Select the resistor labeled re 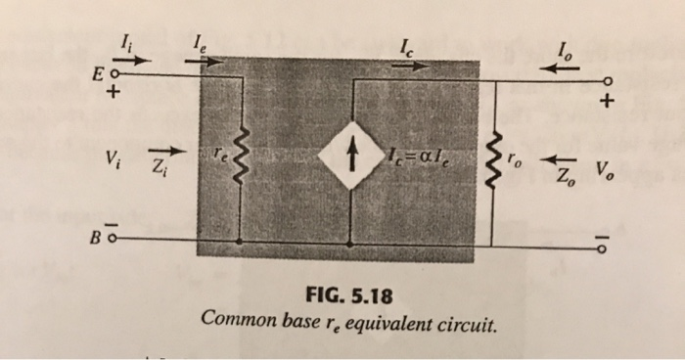[240, 155]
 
